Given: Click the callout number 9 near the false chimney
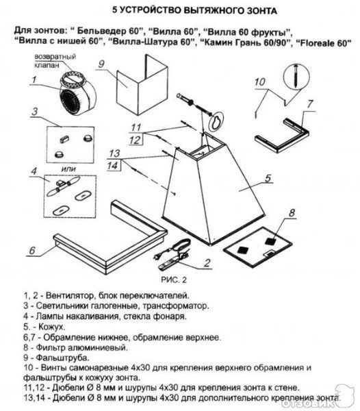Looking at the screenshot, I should coord(100,66).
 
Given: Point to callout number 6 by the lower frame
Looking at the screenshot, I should coord(31,251).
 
